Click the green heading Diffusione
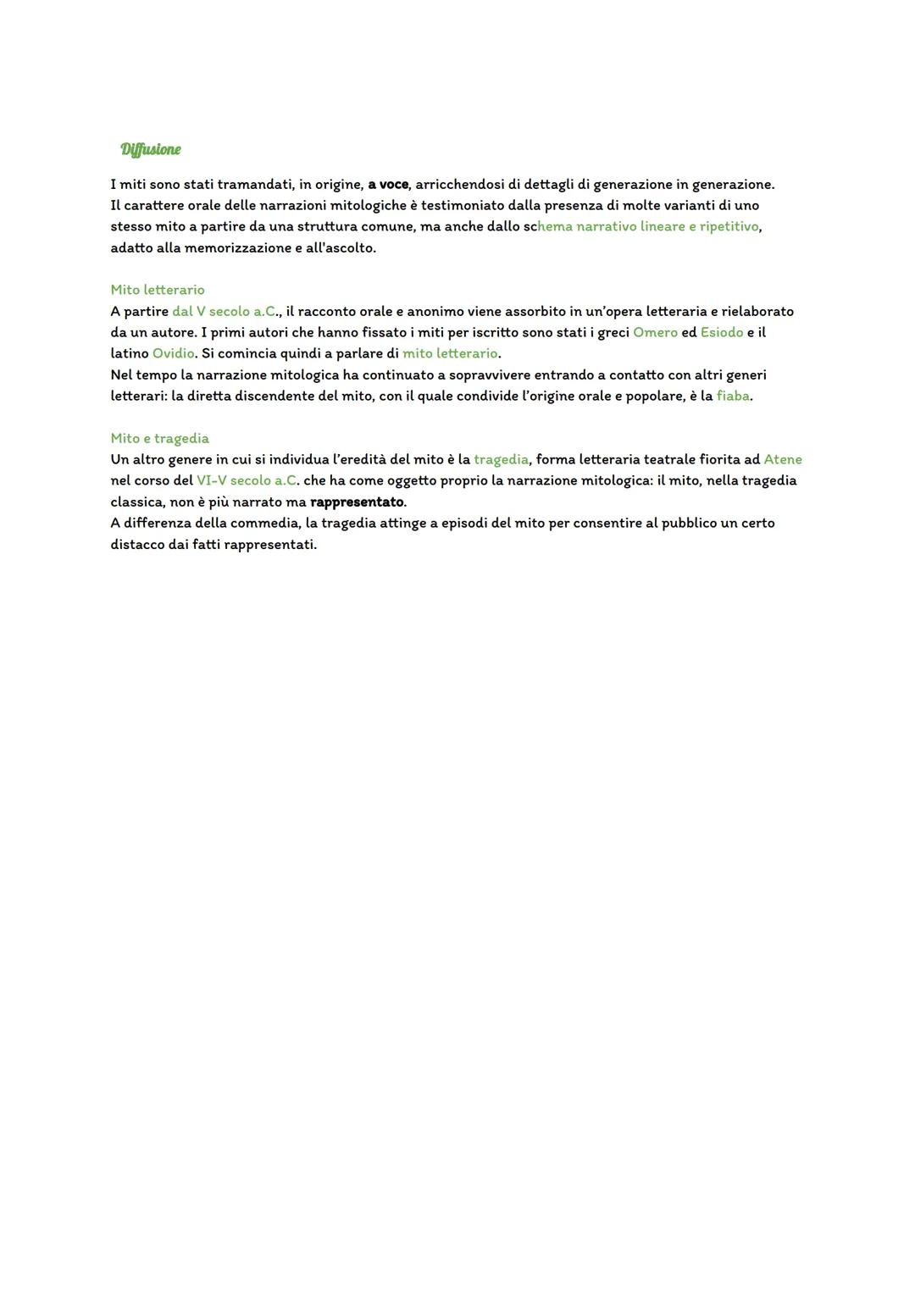coord(151,150)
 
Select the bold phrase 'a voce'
coord(388,184)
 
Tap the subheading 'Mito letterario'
coord(158,290)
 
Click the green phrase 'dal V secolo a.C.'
coord(225,311)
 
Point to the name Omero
coord(655,332)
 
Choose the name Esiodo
coord(721,332)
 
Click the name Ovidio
coord(174,353)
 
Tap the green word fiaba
coord(733,396)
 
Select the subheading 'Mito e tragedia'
coord(159,438)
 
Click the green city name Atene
coord(782,459)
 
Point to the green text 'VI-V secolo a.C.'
coord(247,480)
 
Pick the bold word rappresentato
coord(357,502)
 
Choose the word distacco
coord(138,544)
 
